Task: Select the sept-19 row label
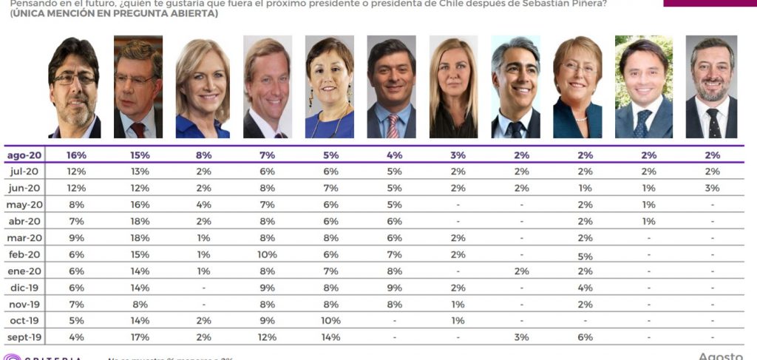(x=24, y=337)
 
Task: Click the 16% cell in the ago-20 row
(x=77, y=155)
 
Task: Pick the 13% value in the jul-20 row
(x=139, y=171)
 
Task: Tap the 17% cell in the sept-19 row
(x=139, y=337)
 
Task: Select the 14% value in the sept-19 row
(x=330, y=337)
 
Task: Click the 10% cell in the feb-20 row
(x=268, y=254)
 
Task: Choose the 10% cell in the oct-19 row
(x=330, y=321)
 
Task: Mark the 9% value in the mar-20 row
(x=77, y=238)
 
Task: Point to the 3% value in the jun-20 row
(x=711, y=188)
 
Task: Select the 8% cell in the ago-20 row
(x=203, y=155)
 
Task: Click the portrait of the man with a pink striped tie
(x=392, y=87)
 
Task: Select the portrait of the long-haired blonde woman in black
(x=453, y=87)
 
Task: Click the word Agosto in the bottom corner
(x=721, y=356)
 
